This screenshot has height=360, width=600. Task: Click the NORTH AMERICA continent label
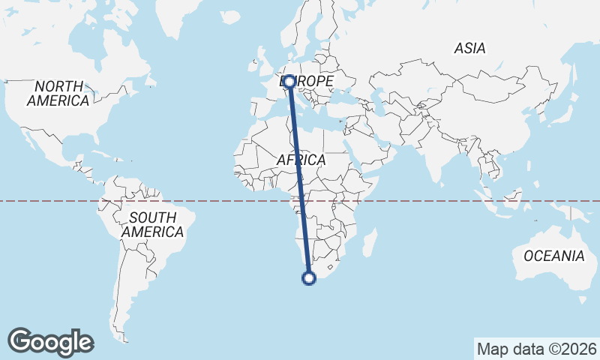(x=58, y=93)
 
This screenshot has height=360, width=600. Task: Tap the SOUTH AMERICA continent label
(x=152, y=225)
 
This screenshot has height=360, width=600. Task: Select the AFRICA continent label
(x=301, y=160)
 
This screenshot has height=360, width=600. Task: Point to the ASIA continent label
(x=470, y=49)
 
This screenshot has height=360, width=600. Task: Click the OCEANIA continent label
(x=553, y=256)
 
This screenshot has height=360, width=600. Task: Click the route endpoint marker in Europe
(x=289, y=81)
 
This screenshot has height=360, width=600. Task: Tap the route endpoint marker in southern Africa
(x=308, y=278)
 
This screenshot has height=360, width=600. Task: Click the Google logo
(x=50, y=342)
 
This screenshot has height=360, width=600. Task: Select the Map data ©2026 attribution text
(x=537, y=349)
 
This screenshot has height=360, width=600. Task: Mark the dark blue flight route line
(x=298, y=180)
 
